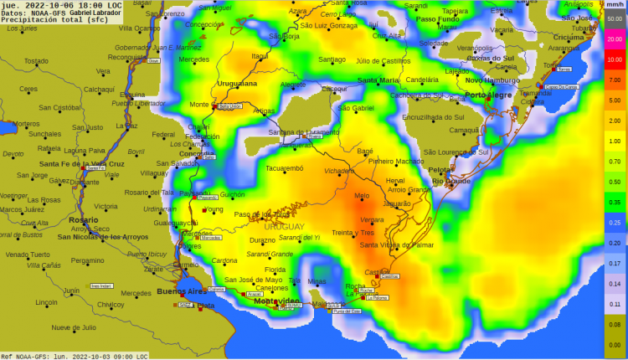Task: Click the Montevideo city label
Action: pos(276,301)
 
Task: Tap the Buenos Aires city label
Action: pos(180,291)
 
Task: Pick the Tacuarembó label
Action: pos(284,168)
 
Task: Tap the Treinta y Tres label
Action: pos(353,232)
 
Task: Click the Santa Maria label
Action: pos(378,80)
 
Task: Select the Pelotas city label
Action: pos(440,169)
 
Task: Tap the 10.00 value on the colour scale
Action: pos(614,59)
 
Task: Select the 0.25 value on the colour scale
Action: pos(614,222)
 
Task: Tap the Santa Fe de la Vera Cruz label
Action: pos(81,163)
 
